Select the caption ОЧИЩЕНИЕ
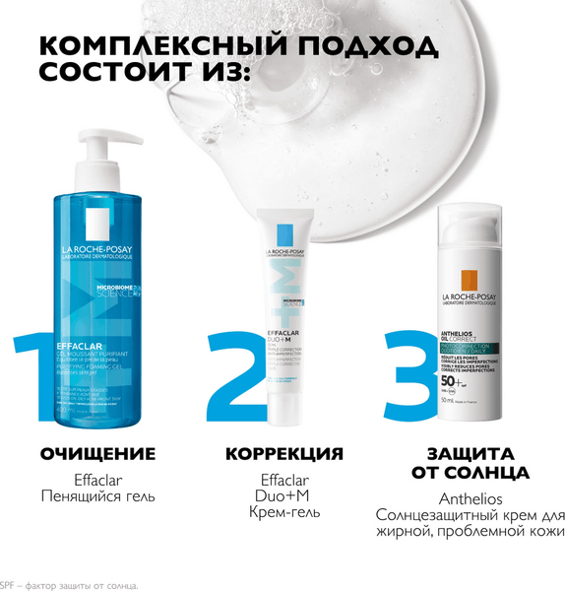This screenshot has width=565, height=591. [97, 454]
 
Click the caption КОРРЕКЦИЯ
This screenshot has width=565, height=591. [284, 454]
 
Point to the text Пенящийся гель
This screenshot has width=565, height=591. [97, 496]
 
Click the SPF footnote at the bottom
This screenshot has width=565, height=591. [69, 585]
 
